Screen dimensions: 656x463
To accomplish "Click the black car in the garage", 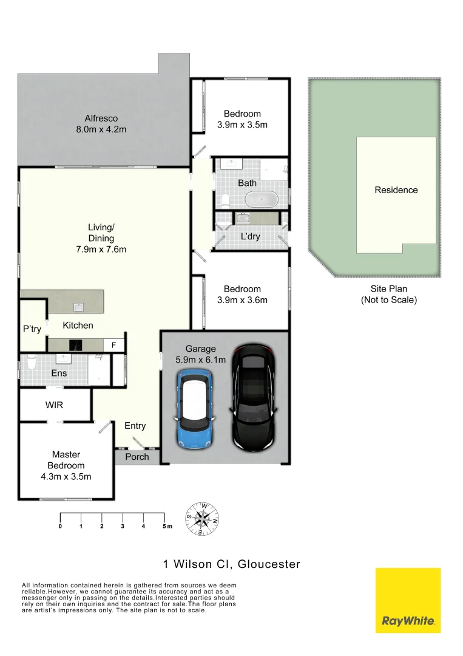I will pyautogui.click(x=255, y=397).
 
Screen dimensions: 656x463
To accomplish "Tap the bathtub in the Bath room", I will pyautogui.click(x=262, y=199).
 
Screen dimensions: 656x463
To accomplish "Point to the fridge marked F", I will pyautogui.click(x=113, y=345).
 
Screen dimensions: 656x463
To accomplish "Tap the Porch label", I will pyautogui.click(x=137, y=457).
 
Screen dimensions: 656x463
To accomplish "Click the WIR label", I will pyautogui.click(x=54, y=405).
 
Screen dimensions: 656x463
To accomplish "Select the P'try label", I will pyautogui.click(x=32, y=329).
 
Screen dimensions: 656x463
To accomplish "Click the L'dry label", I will pyautogui.click(x=250, y=236).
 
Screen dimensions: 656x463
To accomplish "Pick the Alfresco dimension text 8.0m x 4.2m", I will pyautogui.click(x=101, y=129).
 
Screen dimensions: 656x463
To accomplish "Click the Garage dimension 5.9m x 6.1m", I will pyautogui.click(x=201, y=360).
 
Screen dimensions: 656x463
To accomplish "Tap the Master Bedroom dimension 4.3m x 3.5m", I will pyautogui.click(x=66, y=476).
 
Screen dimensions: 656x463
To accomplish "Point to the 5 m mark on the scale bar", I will pyautogui.click(x=164, y=526).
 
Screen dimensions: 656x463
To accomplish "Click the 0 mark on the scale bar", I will pyautogui.click(x=60, y=526).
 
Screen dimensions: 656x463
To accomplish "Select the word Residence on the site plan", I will pyautogui.click(x=396, y=190).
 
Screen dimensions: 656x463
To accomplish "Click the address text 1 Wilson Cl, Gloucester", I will pyautogui.click(x=232, y=564).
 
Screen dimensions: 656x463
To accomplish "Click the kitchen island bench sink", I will pyautogui.click(x=78, y=307).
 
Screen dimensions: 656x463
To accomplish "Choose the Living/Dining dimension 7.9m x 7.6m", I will pyautogui.click(x=101, y=249).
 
